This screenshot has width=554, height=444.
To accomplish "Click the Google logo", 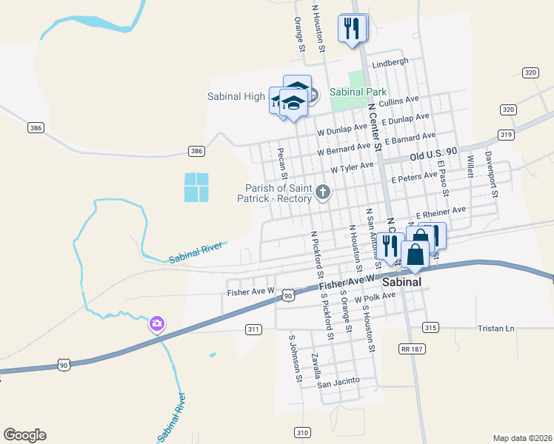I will [24, 435].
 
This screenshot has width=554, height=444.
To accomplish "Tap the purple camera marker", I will [156, 323].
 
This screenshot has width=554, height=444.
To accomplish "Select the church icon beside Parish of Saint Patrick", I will [322, 192].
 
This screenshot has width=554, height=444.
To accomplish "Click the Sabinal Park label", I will [358, 92].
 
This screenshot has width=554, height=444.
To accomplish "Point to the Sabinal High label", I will [236, 96].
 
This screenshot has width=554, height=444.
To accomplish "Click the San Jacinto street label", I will [338, 382].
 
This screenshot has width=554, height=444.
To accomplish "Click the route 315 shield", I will [430, 326].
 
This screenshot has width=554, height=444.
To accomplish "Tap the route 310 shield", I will [301, 432].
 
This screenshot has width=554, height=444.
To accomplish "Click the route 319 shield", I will [507, 135].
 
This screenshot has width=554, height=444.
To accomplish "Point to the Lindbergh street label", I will [390, 63].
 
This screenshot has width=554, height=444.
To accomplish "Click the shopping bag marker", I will [415, 254].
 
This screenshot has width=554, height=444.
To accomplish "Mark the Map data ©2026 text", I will [522, 437].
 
